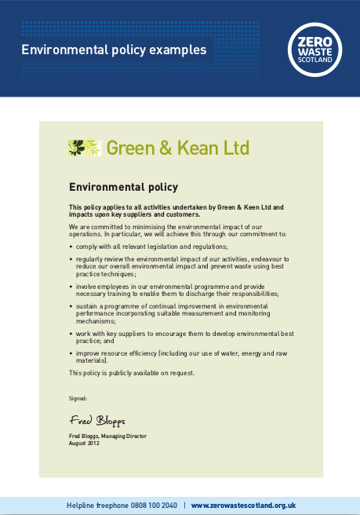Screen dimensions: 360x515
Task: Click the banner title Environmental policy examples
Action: (114, 49)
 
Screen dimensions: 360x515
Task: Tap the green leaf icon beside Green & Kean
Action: (85, 148)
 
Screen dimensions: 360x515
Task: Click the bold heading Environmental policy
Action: (124, 187)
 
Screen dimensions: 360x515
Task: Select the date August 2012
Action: (85, 444)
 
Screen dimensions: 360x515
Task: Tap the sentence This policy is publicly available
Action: (132, 373)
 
